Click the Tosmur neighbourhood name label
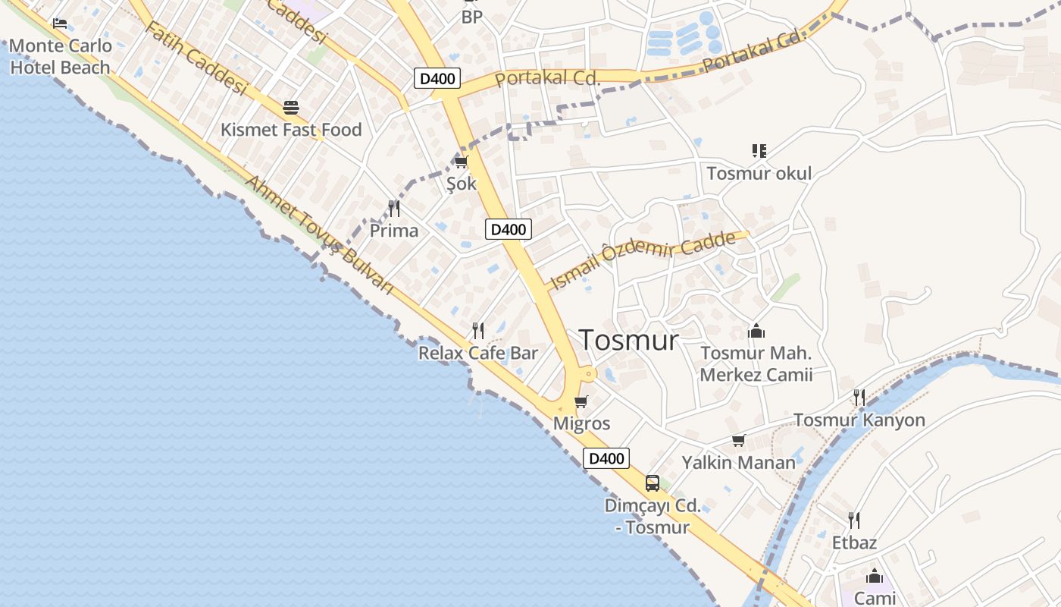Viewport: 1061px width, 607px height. [628, 340]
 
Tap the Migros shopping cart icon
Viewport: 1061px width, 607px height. [581, 401]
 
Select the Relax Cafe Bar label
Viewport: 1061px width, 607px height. [478, 353]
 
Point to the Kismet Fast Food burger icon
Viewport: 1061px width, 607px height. [291, 107]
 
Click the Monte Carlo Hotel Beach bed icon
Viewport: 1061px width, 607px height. [60, 24]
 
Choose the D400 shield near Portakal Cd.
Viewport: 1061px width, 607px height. [437, 77]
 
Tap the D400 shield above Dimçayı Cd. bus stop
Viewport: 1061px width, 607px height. [606, 458]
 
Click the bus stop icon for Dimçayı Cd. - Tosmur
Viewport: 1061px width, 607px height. [652, 483]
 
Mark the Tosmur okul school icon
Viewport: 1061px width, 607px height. [759, 151]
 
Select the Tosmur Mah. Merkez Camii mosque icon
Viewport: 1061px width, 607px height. [756, 331]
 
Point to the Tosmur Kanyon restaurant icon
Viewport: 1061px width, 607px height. [859, 397]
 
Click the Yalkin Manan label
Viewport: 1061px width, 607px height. [738, 462]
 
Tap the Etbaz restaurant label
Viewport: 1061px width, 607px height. [854, 543]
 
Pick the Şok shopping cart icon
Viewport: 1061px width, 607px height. [461, 162]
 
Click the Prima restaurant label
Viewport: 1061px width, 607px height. [394, 231]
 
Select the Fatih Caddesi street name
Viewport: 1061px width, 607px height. [196, 58]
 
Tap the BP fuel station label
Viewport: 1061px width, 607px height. [471, 17]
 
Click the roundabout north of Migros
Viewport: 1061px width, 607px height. [587, 373]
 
